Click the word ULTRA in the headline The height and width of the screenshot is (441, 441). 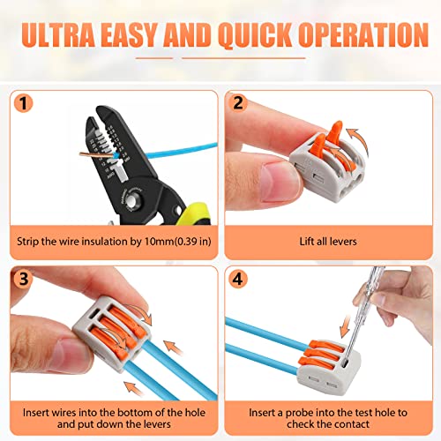(x=58, y=34)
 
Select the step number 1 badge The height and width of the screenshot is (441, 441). (x=23, y=103)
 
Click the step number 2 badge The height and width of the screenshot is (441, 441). (x=238, y=102)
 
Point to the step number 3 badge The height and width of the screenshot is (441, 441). (x=23, y=279)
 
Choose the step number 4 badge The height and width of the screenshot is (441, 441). (x=238, y=279)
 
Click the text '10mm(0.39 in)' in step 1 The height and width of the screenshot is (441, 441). (x=178, y=242)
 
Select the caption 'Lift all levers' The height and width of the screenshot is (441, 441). (x=328, y=242)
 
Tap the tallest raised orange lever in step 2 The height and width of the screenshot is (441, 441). (x=335, y=132)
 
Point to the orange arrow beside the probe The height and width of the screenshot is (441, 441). (x=345, y=326)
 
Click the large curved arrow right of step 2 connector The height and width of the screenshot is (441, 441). (x=361, y=141)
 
